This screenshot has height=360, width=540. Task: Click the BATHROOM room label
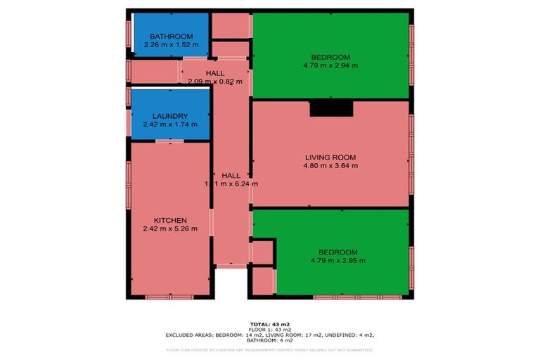[x=171, y=37]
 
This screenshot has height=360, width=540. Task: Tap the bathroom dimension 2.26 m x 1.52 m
[x=171, y=45]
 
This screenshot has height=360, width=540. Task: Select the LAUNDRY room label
[x=170, y=116]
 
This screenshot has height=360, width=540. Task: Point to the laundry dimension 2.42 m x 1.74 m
[x=170, y=124]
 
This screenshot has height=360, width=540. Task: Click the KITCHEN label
[x=170, y=220]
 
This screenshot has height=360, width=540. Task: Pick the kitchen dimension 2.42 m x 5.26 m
[x=170, y=229]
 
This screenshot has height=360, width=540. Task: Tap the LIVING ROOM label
[x=330, y=157]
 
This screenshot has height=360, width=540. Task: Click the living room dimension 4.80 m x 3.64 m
[x=330, y=166]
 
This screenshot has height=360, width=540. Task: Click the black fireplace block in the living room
[x=330, y=107]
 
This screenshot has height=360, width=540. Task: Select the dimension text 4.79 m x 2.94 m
[x=330, y=66]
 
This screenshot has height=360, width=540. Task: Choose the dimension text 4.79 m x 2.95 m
[x=337, y=261]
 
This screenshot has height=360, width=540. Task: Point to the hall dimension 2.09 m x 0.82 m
[x=215, y=82]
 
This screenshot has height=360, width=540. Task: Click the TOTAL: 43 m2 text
[x=269, y=323]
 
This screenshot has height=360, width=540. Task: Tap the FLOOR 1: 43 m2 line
[x=269, y=329]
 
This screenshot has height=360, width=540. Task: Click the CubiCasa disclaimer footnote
[x=269, y=349]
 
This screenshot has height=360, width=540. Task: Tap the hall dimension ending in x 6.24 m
[x=231, y=184]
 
